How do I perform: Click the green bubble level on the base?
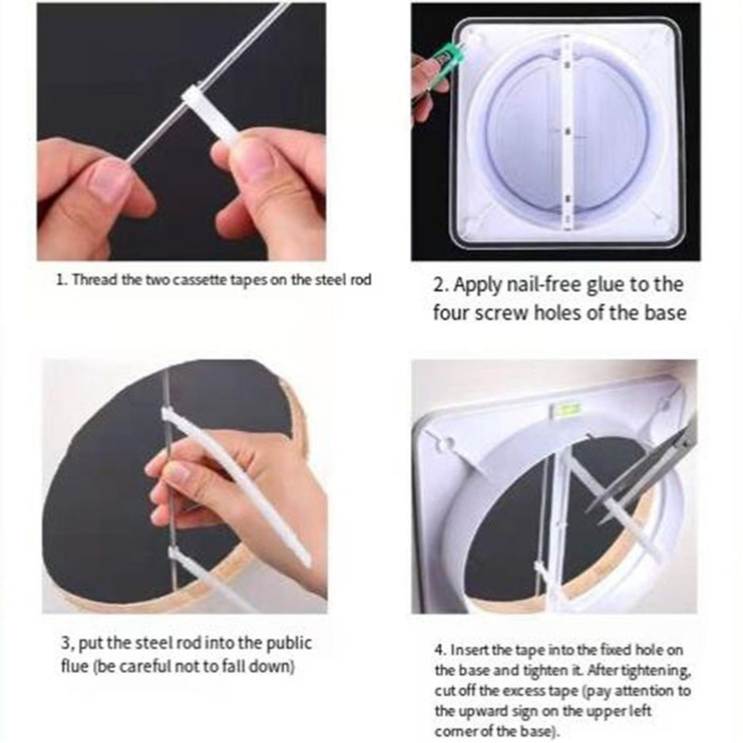coord(566,408)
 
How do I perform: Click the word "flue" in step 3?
coord(73,667)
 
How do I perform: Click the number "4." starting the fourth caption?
coord(440,650)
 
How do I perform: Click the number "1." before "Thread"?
coord(62,280)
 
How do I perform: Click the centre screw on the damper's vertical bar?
coord(567,131)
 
